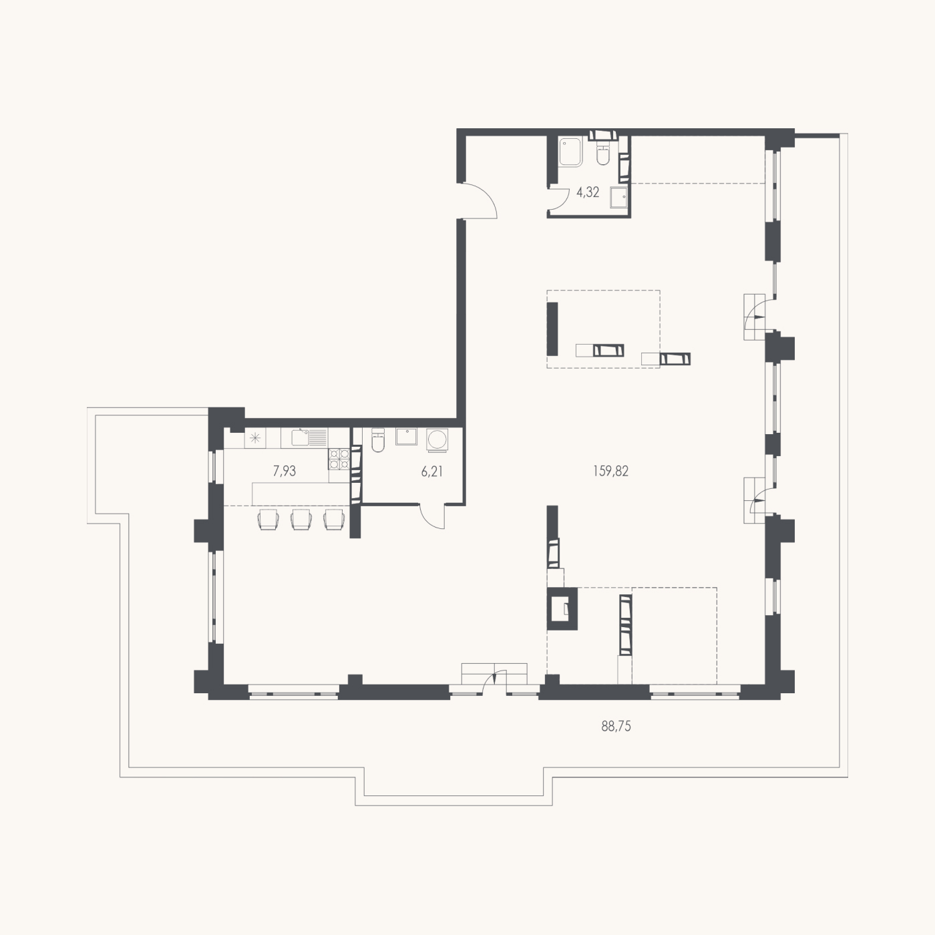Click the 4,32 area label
(x=588, y=192)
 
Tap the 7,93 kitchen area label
(x=285, y=471)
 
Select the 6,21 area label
(x=432, y=471)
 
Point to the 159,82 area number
(x=611, y=471)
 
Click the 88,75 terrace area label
(x=616, y=727)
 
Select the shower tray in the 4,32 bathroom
(x=570, y=152)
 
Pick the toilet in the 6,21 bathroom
(x=377, y=439)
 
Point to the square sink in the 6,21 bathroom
(x=406, y=436)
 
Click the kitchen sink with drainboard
(x=309, y=437)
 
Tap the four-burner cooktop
(x=339, y=459)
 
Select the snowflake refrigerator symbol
(x=255, y=438)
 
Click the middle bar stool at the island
(x=301, y=519)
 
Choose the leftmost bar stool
(x=268, y=519)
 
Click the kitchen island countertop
(x=301, y=494)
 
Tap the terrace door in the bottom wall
(x=500, y=677)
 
